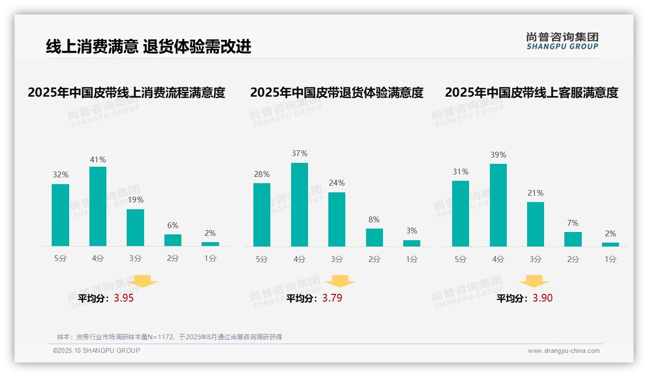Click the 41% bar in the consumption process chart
[x=98, y=206]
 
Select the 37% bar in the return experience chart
[x=299, y=204]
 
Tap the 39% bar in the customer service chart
[x=498, y=205]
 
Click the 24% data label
[x=337, y=183]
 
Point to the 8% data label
[x=374, y=219]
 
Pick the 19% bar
[x=135, y=228]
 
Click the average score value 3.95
[x=124, y=298]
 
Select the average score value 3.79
[x=332, y=298]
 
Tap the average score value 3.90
[x=543, y=298]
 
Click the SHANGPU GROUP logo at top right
[x=562, y=41]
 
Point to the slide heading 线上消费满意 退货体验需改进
[x=148, y=47]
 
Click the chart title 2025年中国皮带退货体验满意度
[x=337, y=92]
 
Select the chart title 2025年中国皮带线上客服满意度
[x=531, y=92]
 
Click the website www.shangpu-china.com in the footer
[x=563, y=351]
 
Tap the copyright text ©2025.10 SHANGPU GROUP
[x=97, y=350]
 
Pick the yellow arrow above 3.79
[x=340, y=281]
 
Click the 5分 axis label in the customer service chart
[x=460, y=259]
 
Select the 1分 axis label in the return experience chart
[x=412, y=259]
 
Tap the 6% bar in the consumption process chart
[x=173, y=240]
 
